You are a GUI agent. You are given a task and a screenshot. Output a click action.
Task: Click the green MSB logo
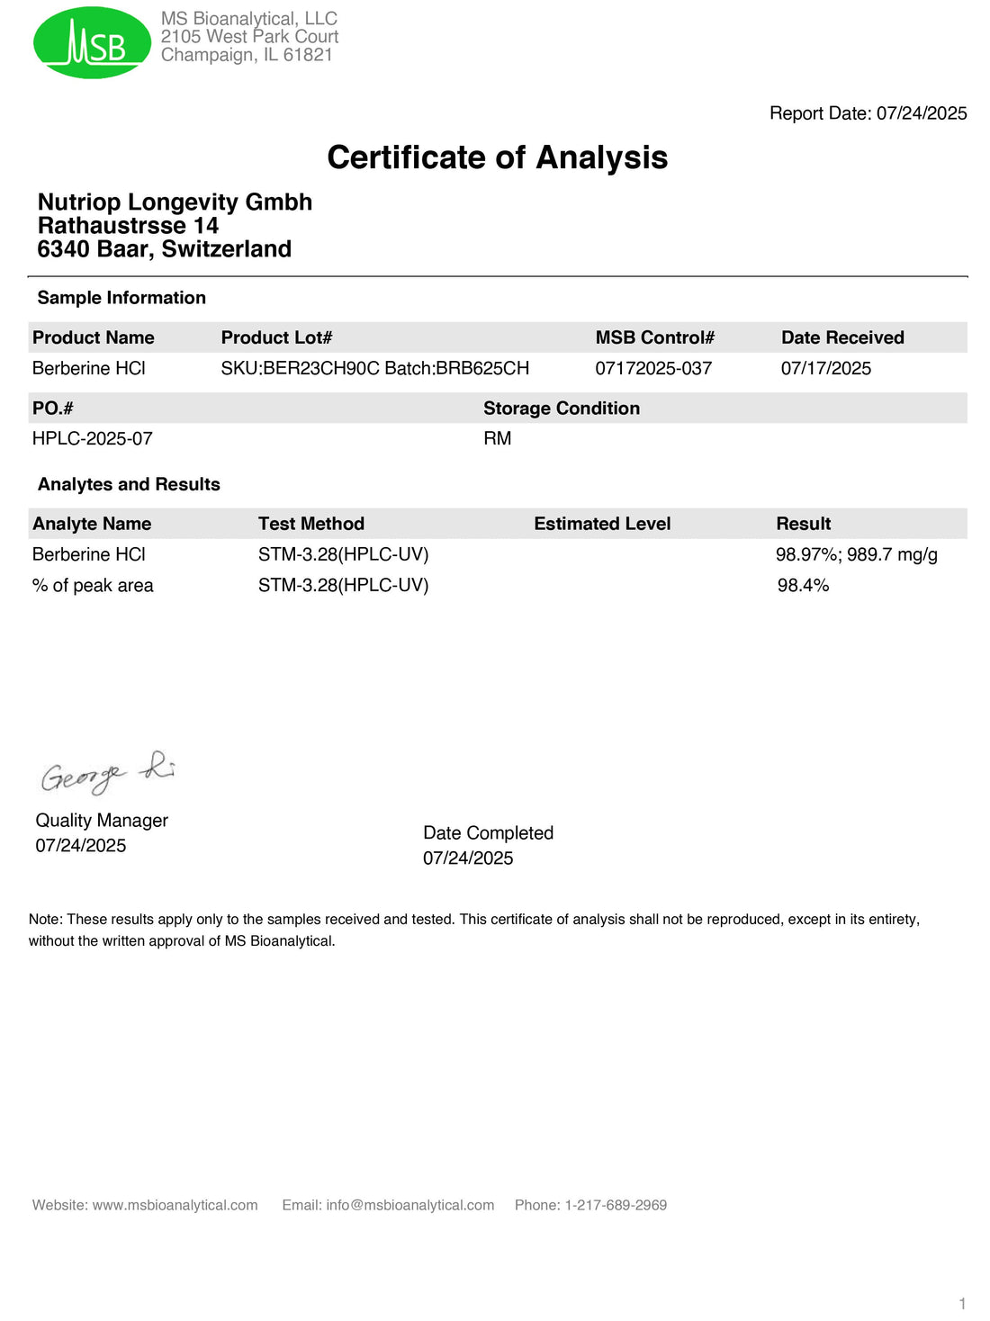tap(92, 42)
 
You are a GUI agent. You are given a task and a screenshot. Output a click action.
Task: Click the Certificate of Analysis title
tap(497, 157)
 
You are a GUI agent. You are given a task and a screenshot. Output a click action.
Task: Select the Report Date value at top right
tap(922, 113)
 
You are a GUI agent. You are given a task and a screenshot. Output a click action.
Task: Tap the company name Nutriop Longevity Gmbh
tap(175, 202)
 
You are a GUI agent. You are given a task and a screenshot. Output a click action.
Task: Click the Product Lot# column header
tap(276, 337)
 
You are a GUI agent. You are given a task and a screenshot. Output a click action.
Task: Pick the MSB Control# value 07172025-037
tap(653, 368)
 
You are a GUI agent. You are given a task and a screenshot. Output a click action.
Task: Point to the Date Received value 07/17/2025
tap(825, 368)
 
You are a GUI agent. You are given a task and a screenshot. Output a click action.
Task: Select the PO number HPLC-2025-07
tap(92, 438)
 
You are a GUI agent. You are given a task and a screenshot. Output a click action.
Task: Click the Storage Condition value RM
tap(497, 438)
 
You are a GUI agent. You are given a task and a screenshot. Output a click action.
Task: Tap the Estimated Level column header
tap(602, 524)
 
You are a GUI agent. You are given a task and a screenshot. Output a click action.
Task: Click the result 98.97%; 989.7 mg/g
tap(856, 554)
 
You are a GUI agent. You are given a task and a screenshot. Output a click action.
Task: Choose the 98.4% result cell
tap(803, 585)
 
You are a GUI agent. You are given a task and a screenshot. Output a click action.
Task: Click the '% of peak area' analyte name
tap(93, 585)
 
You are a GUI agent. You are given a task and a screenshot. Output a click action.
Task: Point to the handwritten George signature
tap(107, 773)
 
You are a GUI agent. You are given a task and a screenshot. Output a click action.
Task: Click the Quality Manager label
tap(102, 820)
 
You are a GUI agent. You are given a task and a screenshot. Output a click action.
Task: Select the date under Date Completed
tap(468, 858)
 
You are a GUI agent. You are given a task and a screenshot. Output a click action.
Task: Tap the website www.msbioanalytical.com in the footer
tap(175, 1205)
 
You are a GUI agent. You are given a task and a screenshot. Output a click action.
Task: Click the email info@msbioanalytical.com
tap(409, 1205)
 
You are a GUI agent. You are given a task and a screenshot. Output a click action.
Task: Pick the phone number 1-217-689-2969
tap(616, 1205)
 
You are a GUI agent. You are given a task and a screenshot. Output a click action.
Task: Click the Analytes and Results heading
tap(129, 484)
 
